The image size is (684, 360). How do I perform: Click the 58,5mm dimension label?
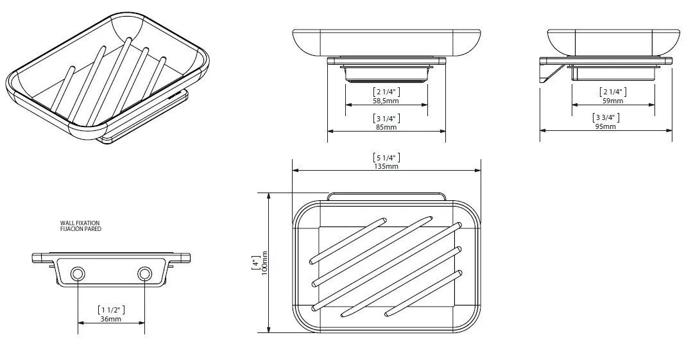tap(386, 101)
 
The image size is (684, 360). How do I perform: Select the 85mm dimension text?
tap(386, 127)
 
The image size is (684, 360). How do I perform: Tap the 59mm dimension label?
tap(613, 101)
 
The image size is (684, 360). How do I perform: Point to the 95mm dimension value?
tap(606, 126)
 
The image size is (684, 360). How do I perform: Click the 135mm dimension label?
tap(386, 166)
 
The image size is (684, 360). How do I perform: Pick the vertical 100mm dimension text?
tap(264, 262)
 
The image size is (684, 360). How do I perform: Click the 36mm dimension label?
tap(111, 319)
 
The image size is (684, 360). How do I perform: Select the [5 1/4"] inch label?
tap(386, 157)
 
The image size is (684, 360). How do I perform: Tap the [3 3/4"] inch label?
tap(606, 117)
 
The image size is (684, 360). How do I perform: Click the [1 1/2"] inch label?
tap(111, 310)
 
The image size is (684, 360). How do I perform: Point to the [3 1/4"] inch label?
tap(386, 118)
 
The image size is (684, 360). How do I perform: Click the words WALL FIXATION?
tap(80, 223)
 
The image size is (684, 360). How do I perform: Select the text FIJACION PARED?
tap(81, 228)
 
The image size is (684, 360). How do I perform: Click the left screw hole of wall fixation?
tap(78, 274)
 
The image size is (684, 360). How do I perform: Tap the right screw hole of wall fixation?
tap(144, 274)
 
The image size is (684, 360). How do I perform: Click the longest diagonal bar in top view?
tap(387, 266)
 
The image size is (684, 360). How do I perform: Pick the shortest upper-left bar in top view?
tap(348, 241)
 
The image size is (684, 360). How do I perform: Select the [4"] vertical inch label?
tap(255, 262)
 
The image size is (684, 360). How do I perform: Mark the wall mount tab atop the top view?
tap(386, 196)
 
